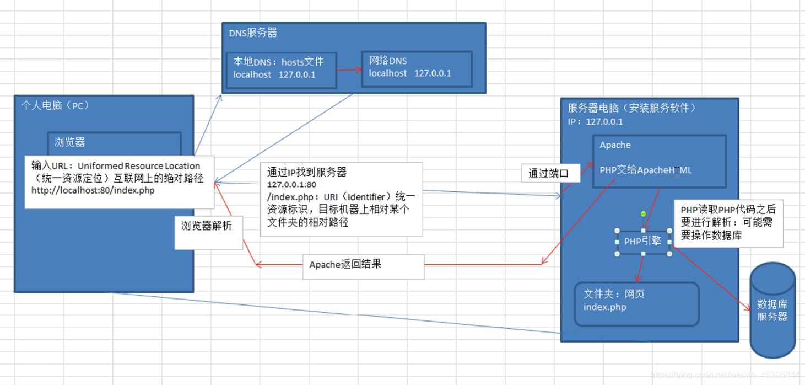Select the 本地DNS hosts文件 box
281,69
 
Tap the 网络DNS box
417,69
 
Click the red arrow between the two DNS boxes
349,69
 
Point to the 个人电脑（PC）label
55,105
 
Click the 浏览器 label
69,142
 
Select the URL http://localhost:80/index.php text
93,190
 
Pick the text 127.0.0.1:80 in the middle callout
292,184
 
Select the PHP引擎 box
643,242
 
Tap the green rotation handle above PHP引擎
643,213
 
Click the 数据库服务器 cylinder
772,310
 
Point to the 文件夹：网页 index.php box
636,304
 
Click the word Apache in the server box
615,145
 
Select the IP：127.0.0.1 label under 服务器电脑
595,121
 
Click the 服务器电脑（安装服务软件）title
632,108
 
